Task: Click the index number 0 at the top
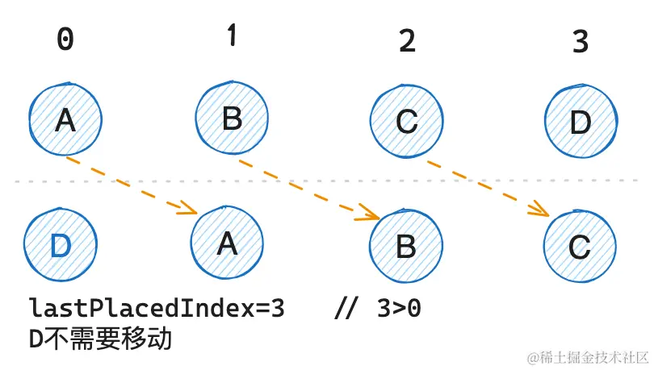65,40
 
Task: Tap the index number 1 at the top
232,36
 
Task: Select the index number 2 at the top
408,40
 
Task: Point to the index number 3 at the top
581,42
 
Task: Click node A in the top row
65,121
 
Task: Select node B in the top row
233,119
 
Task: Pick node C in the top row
408,123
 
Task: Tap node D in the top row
581,123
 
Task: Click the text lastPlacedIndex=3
157,309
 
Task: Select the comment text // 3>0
376,309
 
